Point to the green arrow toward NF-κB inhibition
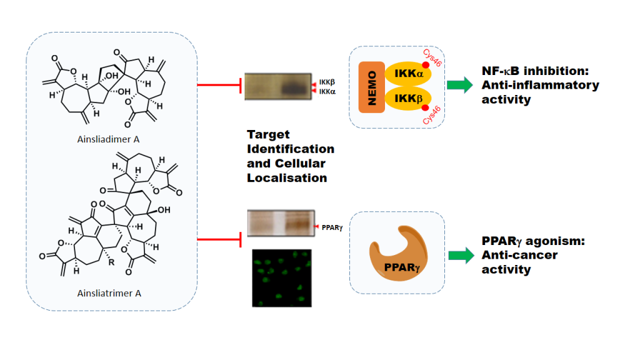(x=460, y=86)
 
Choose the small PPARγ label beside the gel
(x=332, y=227)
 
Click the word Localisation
(x=287, y=177)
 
